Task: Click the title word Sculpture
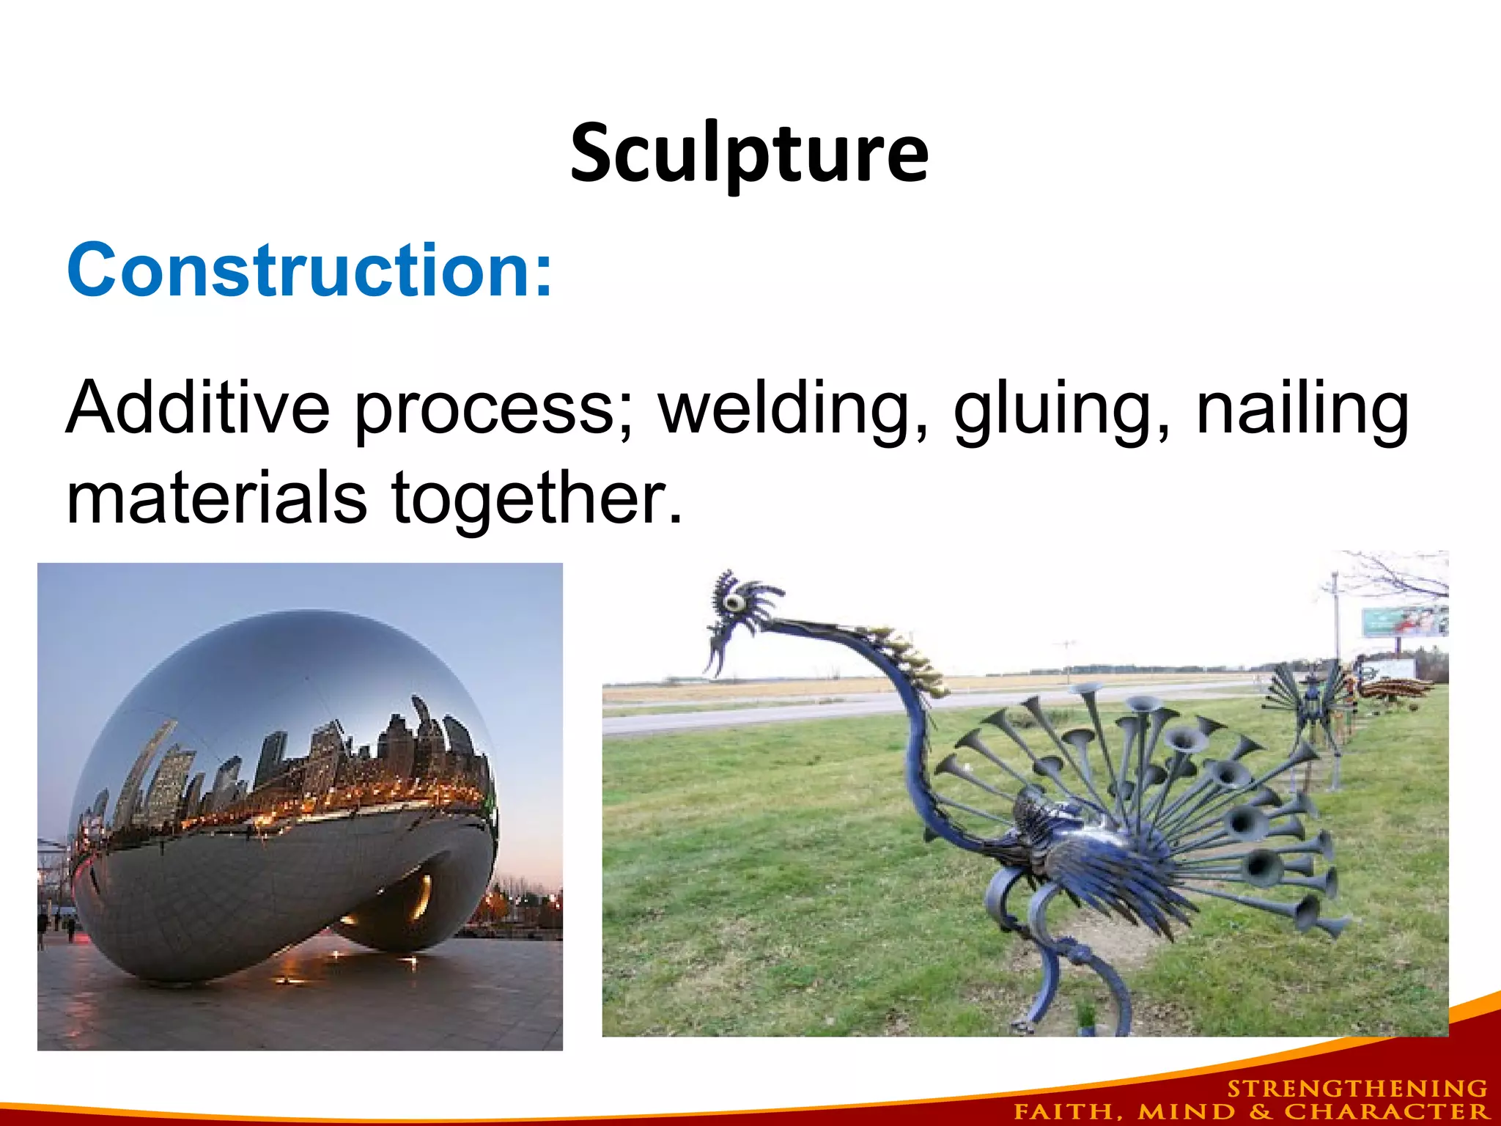(749, 154)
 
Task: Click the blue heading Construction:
(309, 271)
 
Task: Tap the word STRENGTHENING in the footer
(1357, 1089)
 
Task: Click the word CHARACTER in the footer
(1386, 1111)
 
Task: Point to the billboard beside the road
(1404, 622)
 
